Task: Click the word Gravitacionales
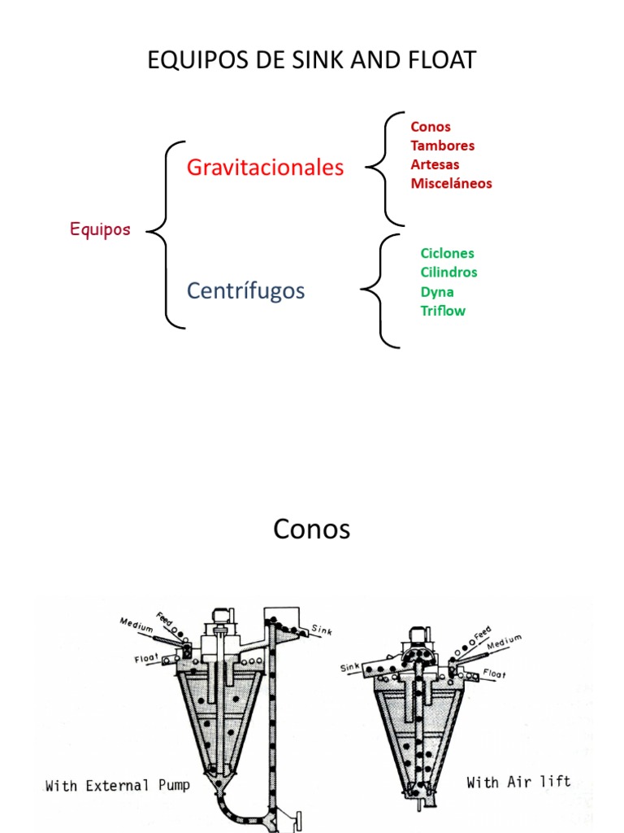265,168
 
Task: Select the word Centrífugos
245,290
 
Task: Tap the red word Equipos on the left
100,229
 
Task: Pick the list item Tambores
442,146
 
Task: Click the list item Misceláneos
451,183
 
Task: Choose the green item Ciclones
447,253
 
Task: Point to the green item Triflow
443,310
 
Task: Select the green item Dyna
437,291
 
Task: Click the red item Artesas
435,164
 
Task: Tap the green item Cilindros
448,272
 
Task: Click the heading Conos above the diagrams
312,530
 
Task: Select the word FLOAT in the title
440,60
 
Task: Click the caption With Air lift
518,782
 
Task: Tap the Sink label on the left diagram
322,629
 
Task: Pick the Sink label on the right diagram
349,667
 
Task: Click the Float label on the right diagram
494,674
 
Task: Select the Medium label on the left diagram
136,625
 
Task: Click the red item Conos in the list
431,127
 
